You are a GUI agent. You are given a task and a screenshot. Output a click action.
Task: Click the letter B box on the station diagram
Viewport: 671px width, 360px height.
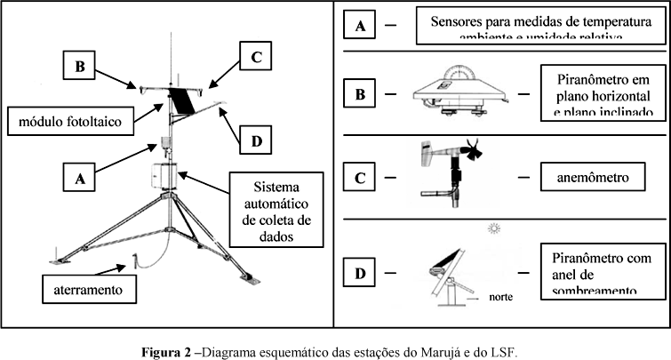79,65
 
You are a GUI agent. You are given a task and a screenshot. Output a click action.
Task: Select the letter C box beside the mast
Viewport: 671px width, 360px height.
254,58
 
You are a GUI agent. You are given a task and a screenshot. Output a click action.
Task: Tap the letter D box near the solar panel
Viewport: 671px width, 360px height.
256,140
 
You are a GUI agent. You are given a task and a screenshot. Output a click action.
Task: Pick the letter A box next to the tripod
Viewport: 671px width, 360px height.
78,177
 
